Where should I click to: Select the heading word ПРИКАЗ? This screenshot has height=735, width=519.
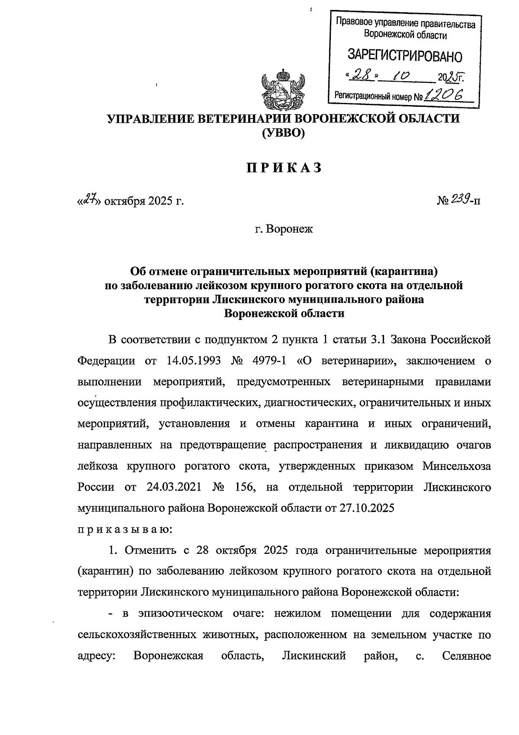click(x=284, y=168)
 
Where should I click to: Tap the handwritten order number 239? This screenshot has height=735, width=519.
click(x=459, y=199)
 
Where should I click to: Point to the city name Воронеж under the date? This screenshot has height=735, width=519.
click(x=289, y=229)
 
